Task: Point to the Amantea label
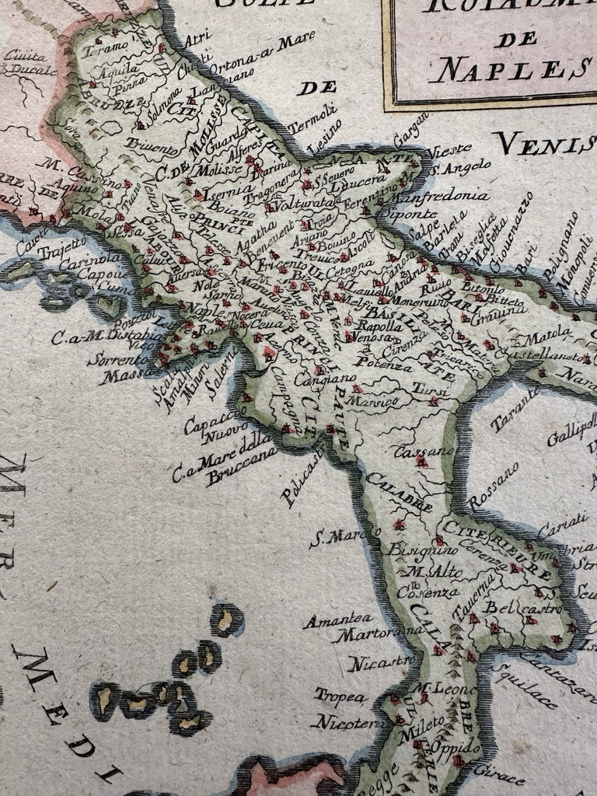[x=333, y=620]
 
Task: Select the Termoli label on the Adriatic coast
[x=304, y=127]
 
